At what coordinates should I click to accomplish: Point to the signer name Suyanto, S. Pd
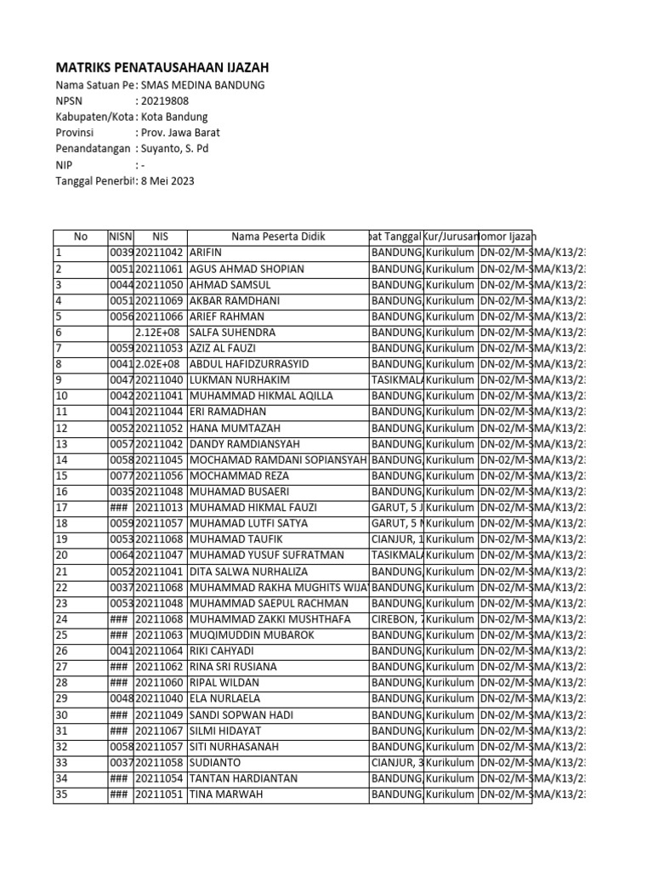(x=174, y=149)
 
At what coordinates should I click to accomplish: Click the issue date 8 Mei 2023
(x=169, y=181)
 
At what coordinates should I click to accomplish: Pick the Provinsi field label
(x=76, y=133)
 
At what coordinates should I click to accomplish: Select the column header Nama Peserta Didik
(x=278, y=236)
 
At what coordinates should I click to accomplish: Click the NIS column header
(x=160, y=236)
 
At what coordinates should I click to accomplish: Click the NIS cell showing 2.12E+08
(x=160, y=332)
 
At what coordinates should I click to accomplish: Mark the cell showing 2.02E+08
(x=160, y=364)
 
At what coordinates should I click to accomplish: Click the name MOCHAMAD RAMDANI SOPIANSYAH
(x=278, y=460)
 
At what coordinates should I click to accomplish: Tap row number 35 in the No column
(x=61, y=794)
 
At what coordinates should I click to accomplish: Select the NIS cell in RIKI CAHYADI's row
(x=160, y=652)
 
